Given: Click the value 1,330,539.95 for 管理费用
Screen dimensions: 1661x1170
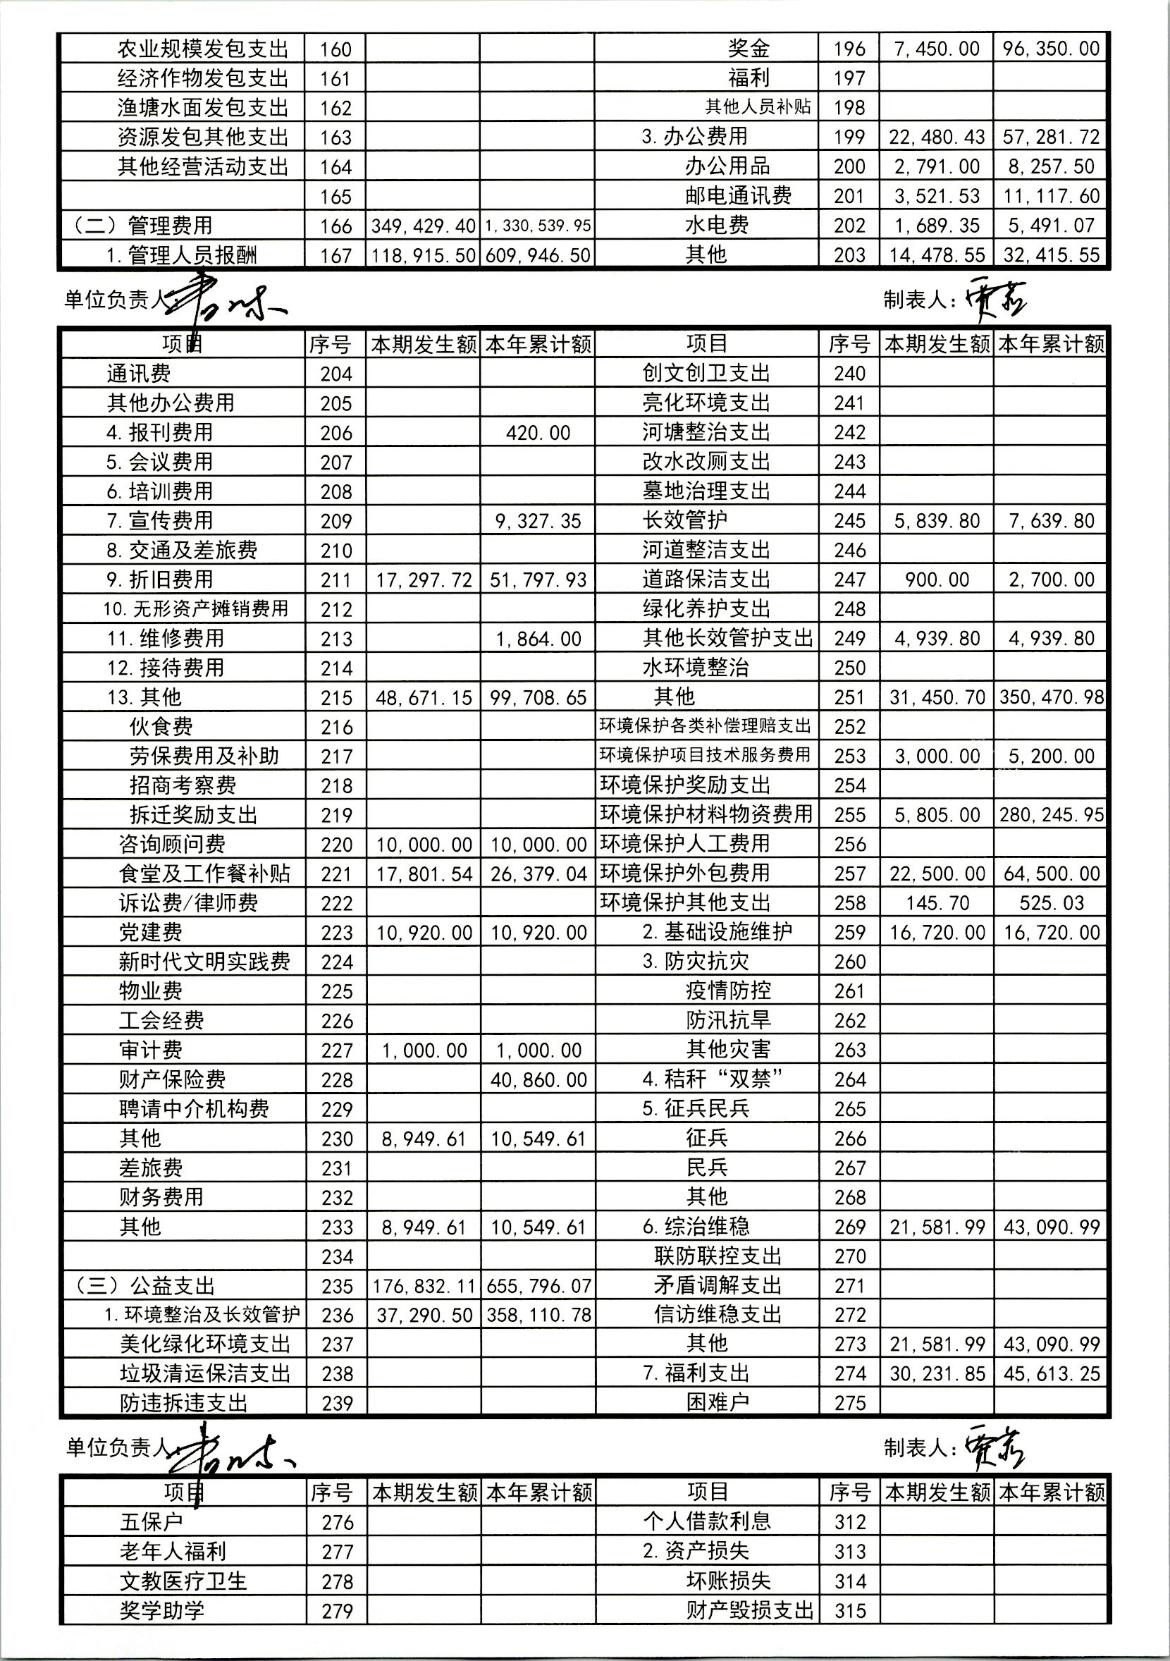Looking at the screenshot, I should pos(538,226).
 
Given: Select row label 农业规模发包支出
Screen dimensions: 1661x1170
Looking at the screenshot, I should pos(202,49).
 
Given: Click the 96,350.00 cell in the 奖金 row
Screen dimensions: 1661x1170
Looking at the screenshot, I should pos(1051,49).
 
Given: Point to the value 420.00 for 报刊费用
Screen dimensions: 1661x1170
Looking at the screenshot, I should pos(538,433).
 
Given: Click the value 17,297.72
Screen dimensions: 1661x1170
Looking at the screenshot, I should pos(424,580).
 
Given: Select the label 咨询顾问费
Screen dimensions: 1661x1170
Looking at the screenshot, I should pos(172,844).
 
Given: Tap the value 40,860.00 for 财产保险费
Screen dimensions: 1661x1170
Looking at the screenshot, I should pos(538,1079).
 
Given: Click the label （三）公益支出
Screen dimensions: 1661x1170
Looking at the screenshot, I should pos(144,1285).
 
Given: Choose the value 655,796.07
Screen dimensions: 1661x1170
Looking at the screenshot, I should pos(538,1285).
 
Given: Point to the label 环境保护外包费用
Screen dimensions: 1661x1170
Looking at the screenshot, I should pos(684,874).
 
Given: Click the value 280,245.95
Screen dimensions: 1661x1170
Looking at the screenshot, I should pos(1051,814).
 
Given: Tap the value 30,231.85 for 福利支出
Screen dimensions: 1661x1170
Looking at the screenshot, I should pos(937,1373).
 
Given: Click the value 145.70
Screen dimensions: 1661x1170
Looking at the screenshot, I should pos(937,903).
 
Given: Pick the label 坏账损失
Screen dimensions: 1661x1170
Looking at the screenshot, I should pos(727,1581).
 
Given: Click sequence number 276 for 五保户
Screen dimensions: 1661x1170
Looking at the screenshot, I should pos(337,1522).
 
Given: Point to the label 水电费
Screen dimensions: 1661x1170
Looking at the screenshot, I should pos(716,225).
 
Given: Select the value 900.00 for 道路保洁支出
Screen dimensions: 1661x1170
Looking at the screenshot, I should pos(937,580).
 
